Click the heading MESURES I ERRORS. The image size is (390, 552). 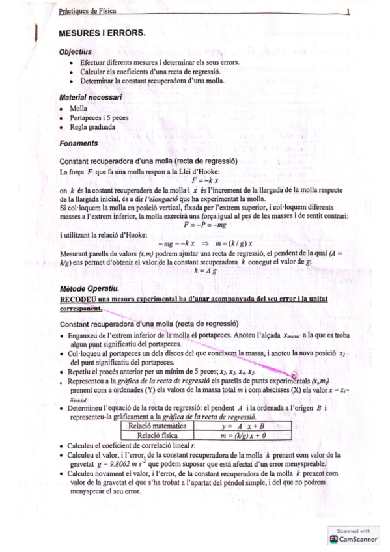(x=102, y=32)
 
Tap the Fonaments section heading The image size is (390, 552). (x=78, y=143)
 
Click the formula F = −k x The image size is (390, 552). (x=204, y=180)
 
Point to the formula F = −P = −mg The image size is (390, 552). (x=204, y=225)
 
